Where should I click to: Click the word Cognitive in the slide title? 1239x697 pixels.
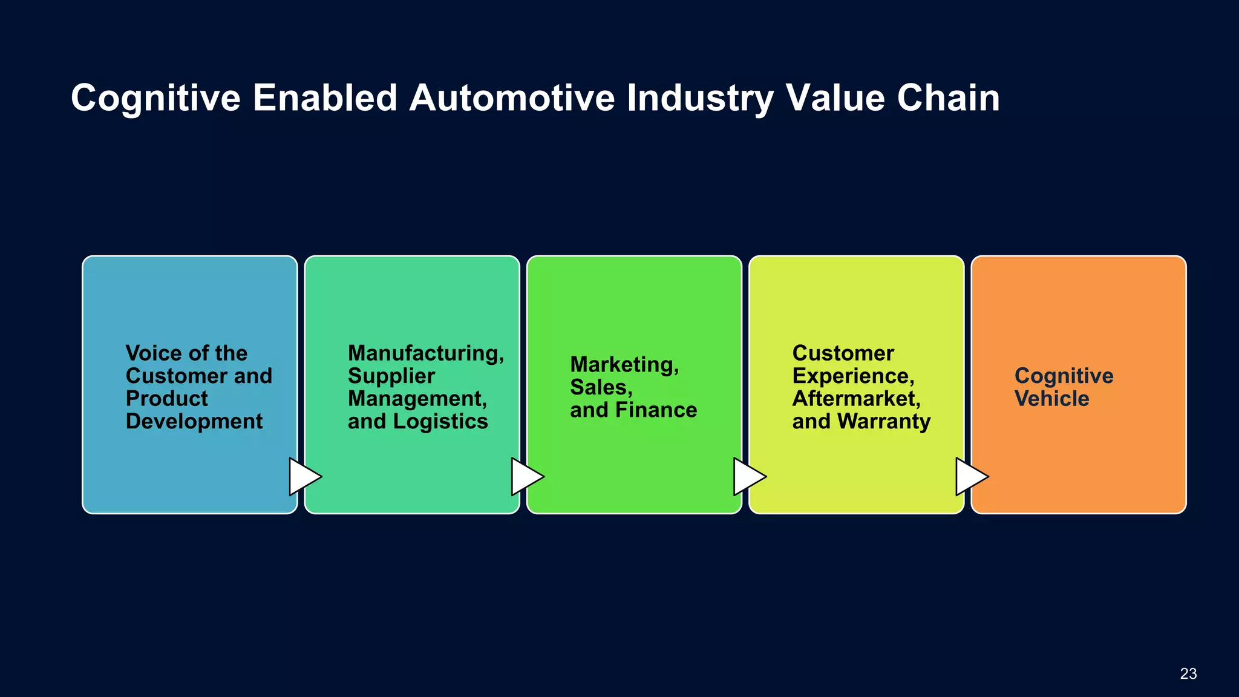155,98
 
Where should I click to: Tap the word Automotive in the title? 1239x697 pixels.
512,98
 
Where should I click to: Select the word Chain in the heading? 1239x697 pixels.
948,98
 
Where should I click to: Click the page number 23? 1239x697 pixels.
1188,673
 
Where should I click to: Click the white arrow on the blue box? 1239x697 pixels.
304,477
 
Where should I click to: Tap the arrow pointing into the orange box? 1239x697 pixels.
970,477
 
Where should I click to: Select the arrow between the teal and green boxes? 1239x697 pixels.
526,477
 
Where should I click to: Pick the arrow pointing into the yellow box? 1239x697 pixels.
748,477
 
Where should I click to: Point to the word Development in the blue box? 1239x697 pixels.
194,421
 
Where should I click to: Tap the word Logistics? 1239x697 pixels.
449,422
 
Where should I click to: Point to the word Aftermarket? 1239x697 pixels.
856,399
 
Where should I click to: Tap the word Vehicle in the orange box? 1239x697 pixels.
1051,399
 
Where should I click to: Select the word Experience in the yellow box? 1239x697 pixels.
852,376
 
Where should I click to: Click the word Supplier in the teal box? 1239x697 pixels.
391,376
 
